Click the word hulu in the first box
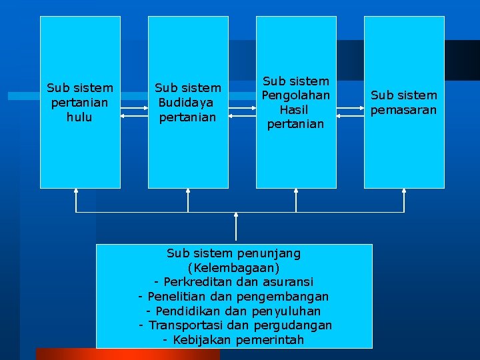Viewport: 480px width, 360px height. (x=79, y=117)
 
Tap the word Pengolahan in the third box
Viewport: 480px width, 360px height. (x=296, y=95)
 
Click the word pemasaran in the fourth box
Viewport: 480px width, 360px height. (x=403, y=110)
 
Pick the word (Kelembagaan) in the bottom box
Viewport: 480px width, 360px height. (x=233, y=268)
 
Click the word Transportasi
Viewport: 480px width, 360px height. (x=186, y=325)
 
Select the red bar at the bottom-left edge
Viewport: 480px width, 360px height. (x=127, y=354)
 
